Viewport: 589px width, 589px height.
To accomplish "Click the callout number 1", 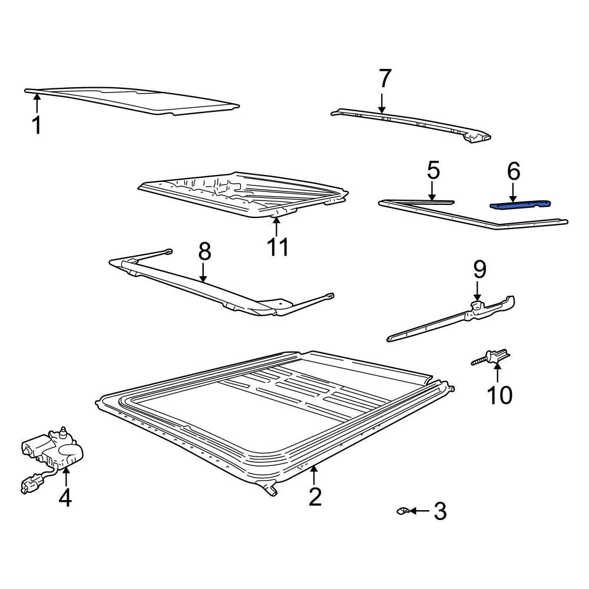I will click(37, 125).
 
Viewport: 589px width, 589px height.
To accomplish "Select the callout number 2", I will click(316, 497).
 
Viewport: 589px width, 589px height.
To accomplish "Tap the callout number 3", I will click(440, 511).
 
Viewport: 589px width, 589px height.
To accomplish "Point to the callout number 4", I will click(65, 498).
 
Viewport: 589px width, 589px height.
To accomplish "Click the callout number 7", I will click(384, 78).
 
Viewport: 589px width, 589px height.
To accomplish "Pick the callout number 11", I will click(277, 247).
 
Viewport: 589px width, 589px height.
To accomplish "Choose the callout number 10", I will click(499, 395).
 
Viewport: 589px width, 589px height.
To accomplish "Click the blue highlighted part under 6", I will click(521, 204).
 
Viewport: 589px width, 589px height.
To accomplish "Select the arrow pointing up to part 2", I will click(314, 474).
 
